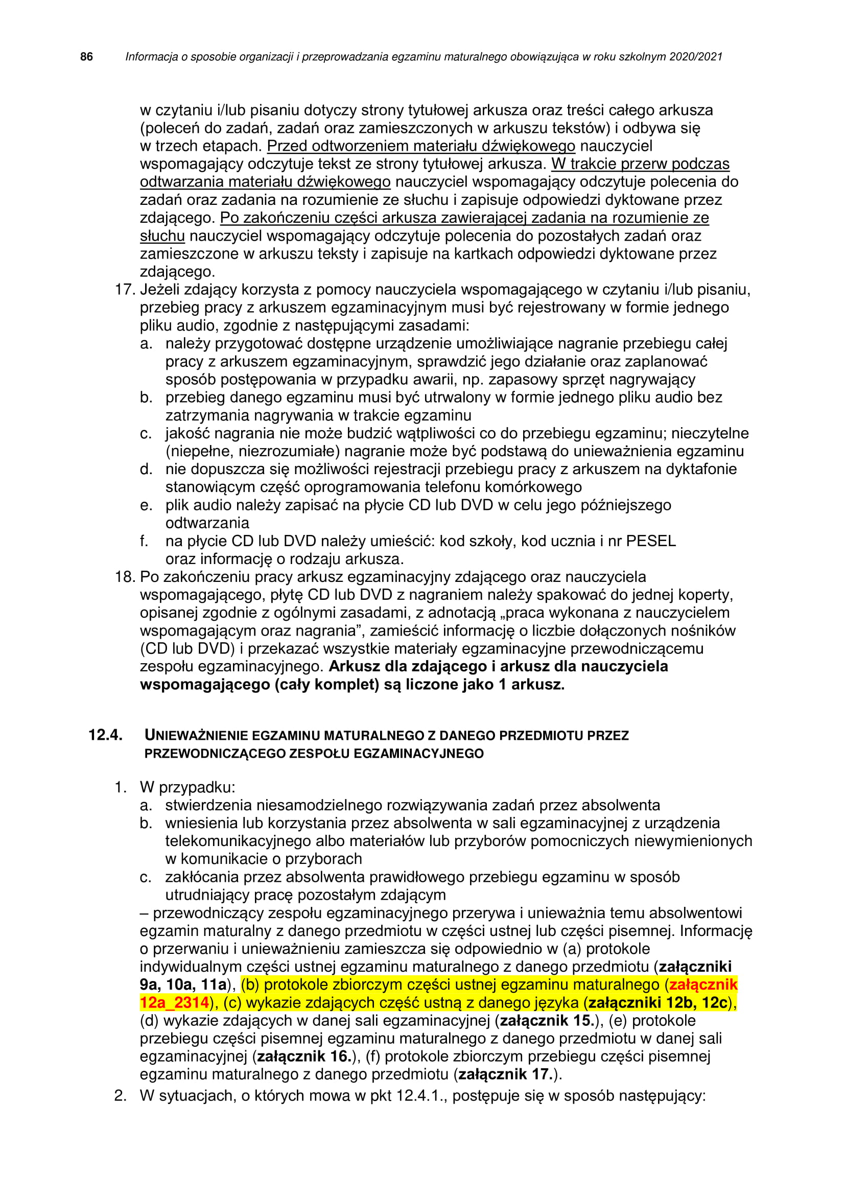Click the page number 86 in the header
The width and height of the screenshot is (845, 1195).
[86, 57]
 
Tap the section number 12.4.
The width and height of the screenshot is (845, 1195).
[105, 735]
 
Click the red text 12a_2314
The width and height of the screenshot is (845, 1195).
[174, 1002]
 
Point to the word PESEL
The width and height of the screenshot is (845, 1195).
[650, 541]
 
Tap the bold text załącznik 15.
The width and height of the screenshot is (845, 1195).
[547, 1021]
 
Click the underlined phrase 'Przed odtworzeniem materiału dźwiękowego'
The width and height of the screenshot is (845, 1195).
[421, 146]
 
